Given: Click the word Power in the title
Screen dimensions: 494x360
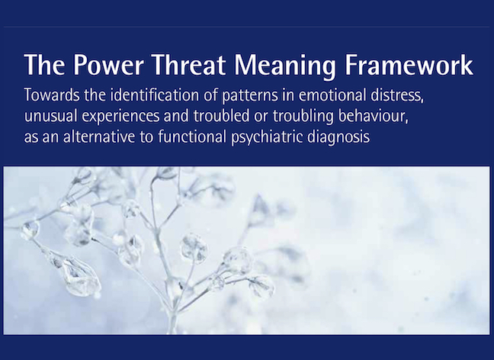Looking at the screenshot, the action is (x=109, y=65).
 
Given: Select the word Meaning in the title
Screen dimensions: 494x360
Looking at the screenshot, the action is (x=285, y=67).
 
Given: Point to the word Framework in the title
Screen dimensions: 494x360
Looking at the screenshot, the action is (x=409, y=65).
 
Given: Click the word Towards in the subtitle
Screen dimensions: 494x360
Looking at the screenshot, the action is (x=52, y=95).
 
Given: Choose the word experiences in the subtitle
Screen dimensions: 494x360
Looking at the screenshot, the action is (x=120, y=117).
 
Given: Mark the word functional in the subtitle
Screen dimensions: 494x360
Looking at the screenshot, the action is (x=192, y=137).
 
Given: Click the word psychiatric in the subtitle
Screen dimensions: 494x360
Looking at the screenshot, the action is (x=267, y=138).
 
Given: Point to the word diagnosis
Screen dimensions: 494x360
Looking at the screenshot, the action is (x=338, y=138).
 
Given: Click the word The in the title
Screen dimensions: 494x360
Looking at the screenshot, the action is (x=45, y=65).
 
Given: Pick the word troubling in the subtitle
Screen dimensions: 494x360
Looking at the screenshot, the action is (x=303, y=117).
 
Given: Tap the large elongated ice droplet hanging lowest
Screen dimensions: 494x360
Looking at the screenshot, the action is (x=79, y=277).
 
